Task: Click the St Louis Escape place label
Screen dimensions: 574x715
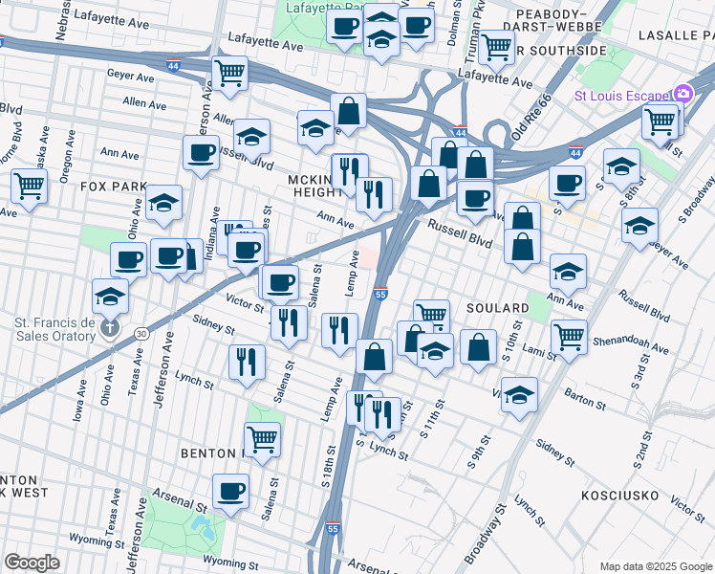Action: click(621, 96)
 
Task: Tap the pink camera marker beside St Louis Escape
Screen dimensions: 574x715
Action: click(683, 94)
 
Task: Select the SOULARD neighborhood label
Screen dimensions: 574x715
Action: click(497, 308)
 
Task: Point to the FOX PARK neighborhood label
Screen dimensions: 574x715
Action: click(114, 186)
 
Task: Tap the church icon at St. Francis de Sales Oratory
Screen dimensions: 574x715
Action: click(110, 328)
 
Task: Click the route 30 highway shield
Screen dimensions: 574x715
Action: click(141, 334)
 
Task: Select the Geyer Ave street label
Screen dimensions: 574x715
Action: click(131, 75)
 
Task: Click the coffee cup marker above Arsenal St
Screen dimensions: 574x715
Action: click(230, 492)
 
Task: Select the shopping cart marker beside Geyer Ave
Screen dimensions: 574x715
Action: click(229, 73)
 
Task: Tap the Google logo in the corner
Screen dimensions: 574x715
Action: click(32, 563)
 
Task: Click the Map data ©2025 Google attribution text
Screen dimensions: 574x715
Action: click(655, 566)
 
